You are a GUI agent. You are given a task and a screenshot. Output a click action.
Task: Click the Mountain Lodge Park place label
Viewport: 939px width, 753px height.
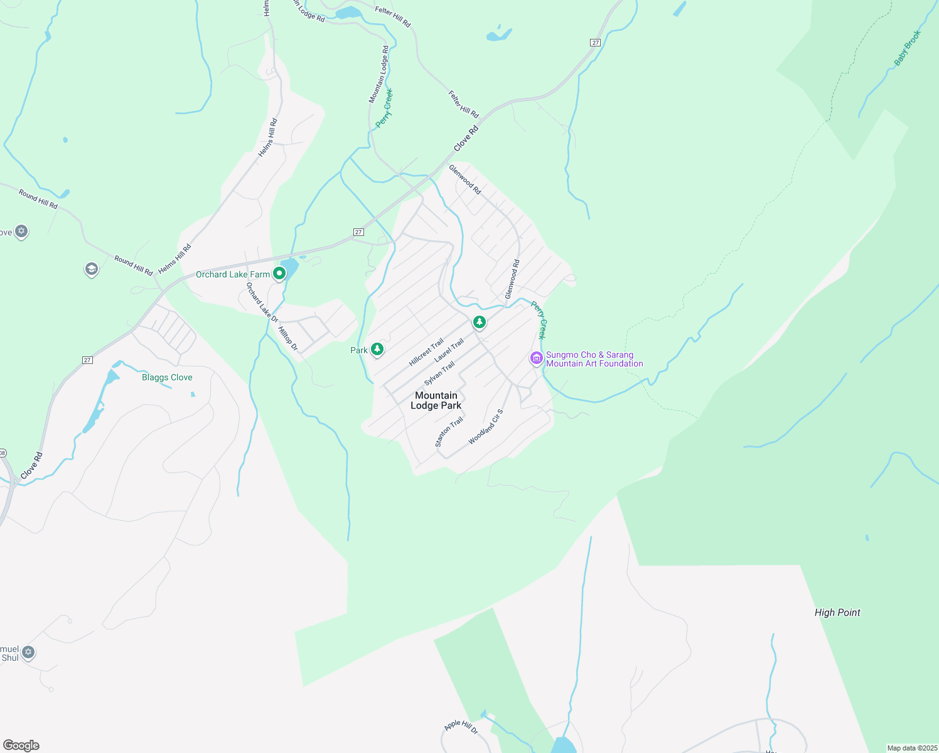(436, 400)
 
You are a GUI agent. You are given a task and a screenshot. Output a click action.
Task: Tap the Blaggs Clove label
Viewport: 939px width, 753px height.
(167, 377)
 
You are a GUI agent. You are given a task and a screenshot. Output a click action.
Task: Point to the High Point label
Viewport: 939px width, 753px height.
(837, 612)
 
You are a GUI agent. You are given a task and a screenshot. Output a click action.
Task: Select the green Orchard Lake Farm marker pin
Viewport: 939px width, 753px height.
(279, 274)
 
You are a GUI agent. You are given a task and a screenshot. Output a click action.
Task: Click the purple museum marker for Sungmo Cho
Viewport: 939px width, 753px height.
(536, 358)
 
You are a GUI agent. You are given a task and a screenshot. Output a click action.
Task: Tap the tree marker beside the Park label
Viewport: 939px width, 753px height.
(377, 349)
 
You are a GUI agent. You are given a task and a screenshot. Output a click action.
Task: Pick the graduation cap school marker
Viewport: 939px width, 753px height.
(91, 270)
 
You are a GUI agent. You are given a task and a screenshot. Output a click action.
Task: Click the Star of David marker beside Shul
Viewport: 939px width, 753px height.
(28, 653)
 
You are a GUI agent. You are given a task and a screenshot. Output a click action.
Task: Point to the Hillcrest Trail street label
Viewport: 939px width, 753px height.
(426, 353)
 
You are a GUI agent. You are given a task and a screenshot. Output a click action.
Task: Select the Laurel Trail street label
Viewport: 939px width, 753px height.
(449, 350)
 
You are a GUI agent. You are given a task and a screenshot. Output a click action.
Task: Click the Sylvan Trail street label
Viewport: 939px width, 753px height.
(439, 374)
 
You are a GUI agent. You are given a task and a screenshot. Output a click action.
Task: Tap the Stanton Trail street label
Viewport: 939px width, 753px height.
(449, 432)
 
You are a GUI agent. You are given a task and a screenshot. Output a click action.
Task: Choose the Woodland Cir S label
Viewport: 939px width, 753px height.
(486, 427)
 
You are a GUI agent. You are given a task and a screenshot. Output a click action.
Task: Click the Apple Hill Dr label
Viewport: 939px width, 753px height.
(461, 727)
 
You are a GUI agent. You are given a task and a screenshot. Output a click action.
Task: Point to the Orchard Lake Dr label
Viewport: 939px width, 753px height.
(262, 302)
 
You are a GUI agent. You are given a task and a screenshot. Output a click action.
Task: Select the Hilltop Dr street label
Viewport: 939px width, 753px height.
(287, 339)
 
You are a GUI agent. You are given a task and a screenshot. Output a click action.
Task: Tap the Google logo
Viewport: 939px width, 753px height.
(21, 745)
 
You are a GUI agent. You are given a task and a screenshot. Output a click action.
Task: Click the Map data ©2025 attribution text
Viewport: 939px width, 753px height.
(911, 748)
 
